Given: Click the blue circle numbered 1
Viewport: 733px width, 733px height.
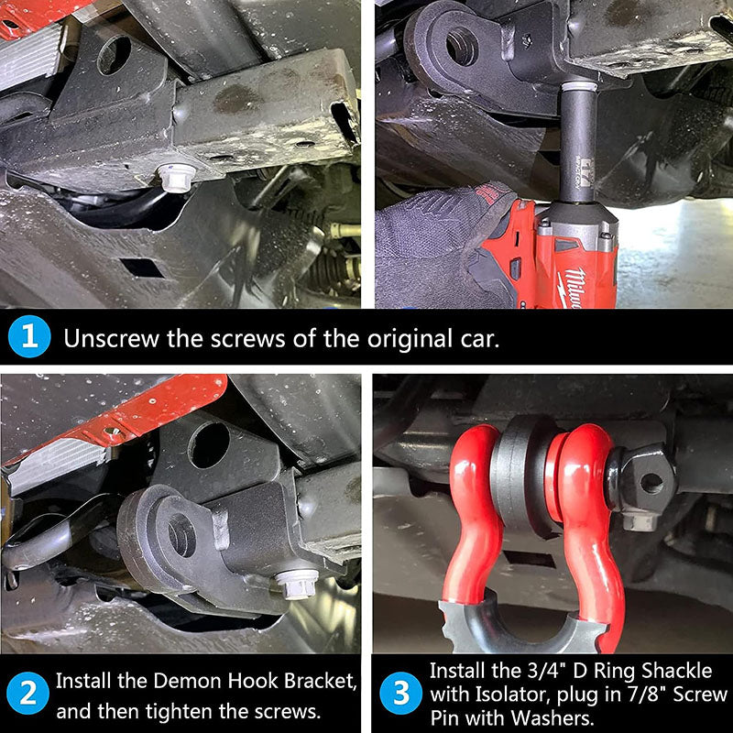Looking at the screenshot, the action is (x=29, y=336).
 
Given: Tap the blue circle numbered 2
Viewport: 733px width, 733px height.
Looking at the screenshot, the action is (x=28, y=694).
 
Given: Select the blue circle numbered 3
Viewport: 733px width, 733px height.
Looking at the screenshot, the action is (x=400, y=694).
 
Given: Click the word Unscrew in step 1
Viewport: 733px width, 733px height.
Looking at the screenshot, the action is (x=111, y=338).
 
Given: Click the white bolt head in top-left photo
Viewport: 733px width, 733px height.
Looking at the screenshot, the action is (x=176, y=178).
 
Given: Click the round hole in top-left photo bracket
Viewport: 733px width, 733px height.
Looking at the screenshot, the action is (x=114, y=55).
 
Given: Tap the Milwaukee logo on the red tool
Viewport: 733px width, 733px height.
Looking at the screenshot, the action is (x=574, y=287).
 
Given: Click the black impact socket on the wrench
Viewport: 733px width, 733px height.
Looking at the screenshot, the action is (x=578, y=144).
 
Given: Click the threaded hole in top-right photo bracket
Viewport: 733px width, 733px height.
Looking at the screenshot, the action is (x=462, y=47).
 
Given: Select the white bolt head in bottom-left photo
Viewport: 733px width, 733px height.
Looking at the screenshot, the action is (x=296, y=584).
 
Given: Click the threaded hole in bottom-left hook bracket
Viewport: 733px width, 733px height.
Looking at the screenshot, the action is (x=181, y=535).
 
